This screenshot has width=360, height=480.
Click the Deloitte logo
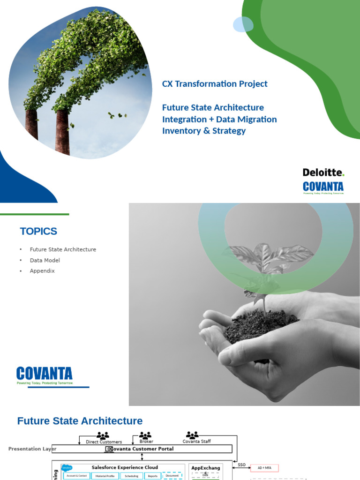pos(323,172)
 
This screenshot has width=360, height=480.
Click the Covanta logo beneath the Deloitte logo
pos(323,187)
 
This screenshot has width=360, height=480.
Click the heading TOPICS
pos(38,231)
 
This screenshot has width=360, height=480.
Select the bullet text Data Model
pos(45,260)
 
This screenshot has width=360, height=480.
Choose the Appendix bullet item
pos(42,271)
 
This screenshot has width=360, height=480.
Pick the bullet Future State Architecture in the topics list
pos(63,249)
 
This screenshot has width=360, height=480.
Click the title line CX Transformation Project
pos(215,84)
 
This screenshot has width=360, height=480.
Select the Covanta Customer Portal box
pos(141,449)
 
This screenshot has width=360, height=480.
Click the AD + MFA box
pos(265,468)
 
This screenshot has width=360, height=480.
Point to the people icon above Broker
pos(145,435)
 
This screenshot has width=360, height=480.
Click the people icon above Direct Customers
pos(103,435)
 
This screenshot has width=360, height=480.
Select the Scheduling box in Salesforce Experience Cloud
pos(132,476)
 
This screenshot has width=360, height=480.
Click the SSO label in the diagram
pos(241,465)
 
